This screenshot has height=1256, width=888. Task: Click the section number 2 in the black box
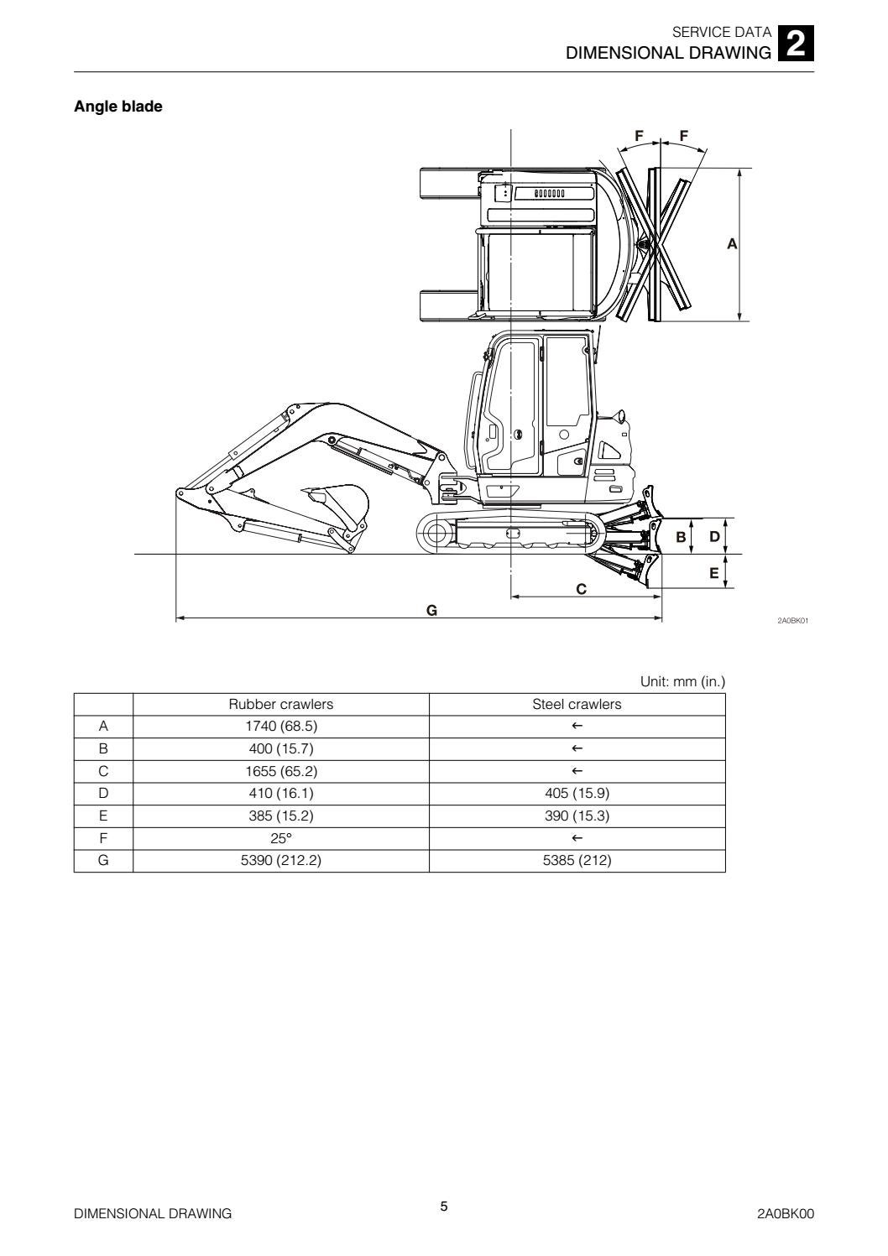796,44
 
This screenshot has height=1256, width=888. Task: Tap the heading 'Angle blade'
118,107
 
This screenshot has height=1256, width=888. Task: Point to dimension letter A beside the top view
732,244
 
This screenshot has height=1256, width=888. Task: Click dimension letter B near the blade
681,537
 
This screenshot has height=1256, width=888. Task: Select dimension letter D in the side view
714,537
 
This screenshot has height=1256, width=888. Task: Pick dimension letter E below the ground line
714,572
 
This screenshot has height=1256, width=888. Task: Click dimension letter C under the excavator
581,589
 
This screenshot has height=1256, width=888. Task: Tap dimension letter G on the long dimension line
431,610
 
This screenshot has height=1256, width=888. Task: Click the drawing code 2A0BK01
792,621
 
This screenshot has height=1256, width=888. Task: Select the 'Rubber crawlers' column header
281,704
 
